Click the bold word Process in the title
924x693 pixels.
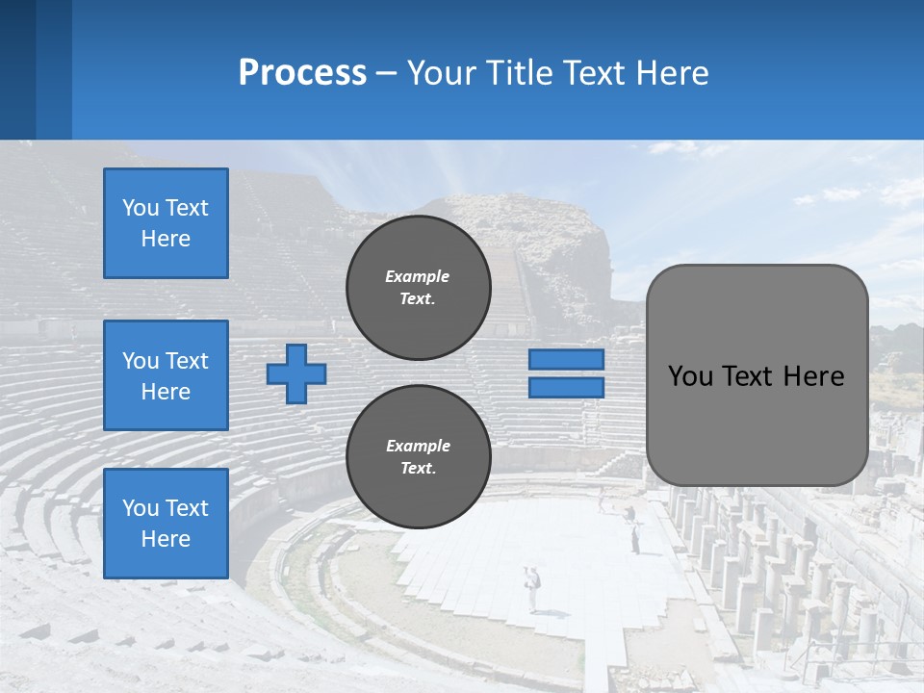[x=302, y=73]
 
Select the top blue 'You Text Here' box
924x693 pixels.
[x=166, y=223]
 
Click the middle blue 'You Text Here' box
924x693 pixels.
[x=166, y=375]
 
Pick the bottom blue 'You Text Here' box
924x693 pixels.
[x=166, y=524]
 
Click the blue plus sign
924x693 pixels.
[x=296, y=373]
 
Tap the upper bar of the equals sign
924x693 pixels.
[x=566, y=360]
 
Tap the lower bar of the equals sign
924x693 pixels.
[x=566, y=388]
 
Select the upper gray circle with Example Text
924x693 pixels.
[x=418, y=288]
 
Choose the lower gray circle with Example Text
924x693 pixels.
[x=418, y=457]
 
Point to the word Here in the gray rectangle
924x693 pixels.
[x=813, y=376]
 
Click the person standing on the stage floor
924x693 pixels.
[x=532, y=588]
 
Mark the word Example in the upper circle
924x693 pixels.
[x=418, y=276]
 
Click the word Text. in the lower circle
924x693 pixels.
[x=418, y=469]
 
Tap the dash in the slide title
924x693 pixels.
[x=386, y=73]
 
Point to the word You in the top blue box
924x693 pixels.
[x=140, y=208]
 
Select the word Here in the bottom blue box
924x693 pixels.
[x=166, y=539]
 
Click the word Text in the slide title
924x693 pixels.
[x=590, y=73]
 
